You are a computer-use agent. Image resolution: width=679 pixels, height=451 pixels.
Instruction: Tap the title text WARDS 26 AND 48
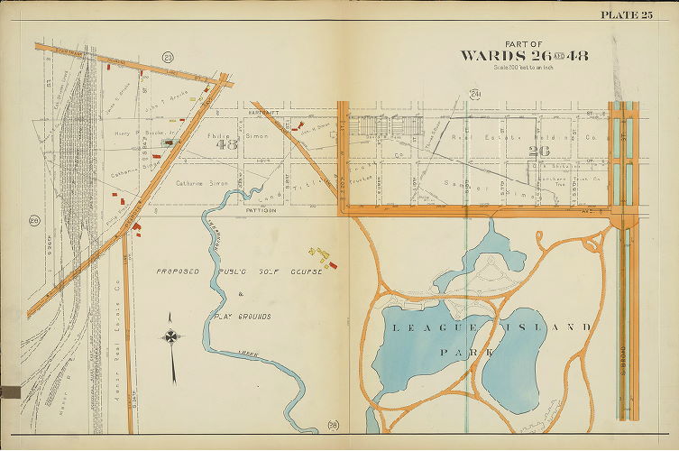524,56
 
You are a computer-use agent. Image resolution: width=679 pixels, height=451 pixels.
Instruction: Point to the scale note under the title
524,69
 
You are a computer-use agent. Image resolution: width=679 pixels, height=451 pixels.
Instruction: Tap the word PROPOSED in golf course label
176,271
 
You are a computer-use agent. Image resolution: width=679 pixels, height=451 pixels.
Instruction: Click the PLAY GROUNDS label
243,318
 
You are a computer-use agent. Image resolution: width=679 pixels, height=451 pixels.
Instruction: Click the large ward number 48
226,143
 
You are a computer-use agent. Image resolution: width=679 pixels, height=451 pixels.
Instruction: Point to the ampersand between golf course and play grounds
240,295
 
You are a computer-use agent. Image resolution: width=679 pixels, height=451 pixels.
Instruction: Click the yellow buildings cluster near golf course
317,253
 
